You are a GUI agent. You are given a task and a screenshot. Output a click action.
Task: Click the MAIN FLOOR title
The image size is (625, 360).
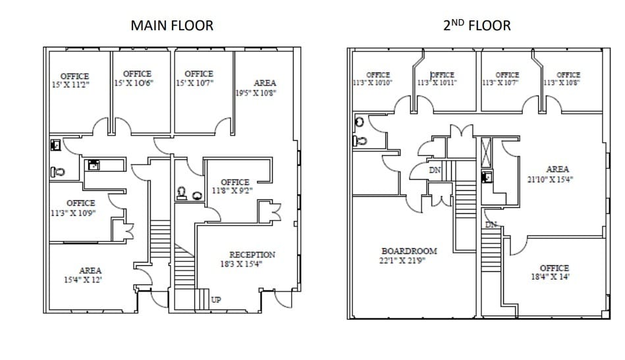(172, 26)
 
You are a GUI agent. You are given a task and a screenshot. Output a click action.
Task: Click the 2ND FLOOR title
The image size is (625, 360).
(477, 26)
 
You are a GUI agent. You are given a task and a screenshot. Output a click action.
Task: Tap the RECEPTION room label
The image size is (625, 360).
(252, 255)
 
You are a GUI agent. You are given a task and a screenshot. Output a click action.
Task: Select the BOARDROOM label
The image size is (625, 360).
(408, 251)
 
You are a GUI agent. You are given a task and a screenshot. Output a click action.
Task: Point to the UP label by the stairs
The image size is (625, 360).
(216, 300)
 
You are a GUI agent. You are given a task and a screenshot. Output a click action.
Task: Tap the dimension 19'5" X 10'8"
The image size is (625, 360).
(256, 93)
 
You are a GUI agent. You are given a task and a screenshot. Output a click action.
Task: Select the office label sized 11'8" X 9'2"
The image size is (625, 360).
(234, 182)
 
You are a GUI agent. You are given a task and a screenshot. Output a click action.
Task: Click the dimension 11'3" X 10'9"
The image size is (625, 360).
(73, 213)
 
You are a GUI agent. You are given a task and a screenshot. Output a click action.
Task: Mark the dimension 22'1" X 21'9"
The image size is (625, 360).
(403, 261)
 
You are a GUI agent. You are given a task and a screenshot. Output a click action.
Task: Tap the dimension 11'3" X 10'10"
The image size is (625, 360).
(373, 83)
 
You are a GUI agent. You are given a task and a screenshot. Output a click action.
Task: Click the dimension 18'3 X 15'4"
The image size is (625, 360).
(252, 264)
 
